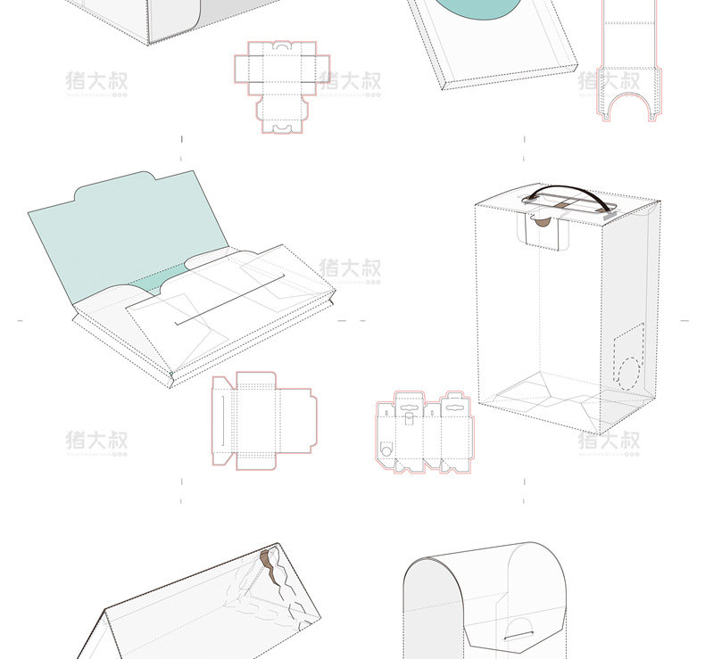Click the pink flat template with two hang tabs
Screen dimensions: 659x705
tap(424, 431)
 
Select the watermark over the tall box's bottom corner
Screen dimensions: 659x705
tap(608, 441)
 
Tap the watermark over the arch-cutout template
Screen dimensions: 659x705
tap(610, 81)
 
